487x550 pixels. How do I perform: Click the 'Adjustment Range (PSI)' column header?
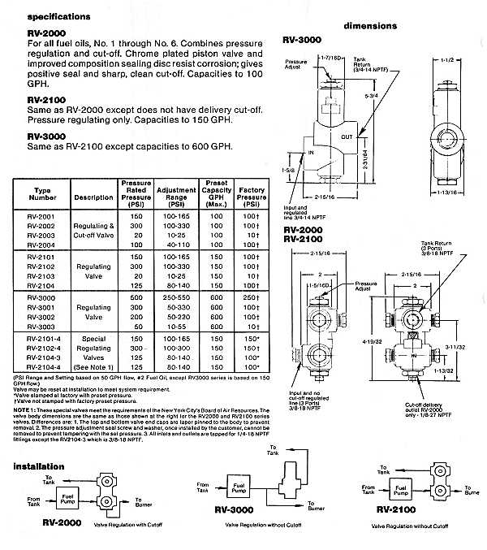click(198, 196)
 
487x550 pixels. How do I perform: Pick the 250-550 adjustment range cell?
click(198, 298)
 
